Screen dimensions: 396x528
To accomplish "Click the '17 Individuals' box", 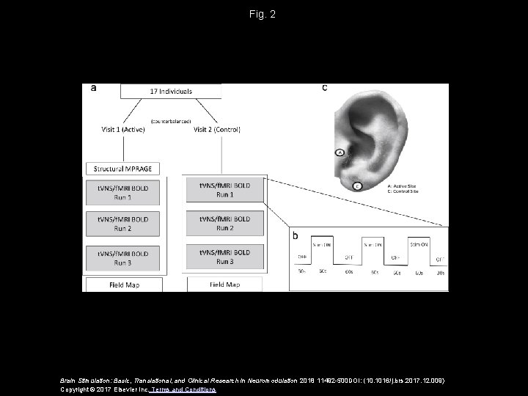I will tap(171, 92).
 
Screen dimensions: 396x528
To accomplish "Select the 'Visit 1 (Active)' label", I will tap(123, 130).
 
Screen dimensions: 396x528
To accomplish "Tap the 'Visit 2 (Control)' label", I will tap(217, 130).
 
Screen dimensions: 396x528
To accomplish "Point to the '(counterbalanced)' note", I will tap(171, 120).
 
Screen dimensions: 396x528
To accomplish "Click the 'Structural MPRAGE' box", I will tap(122, 168).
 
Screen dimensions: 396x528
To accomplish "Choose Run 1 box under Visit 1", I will tap(123, 193).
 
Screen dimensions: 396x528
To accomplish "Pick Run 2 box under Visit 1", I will tap(123, 224).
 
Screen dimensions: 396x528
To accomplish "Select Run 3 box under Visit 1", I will tap(123, 257).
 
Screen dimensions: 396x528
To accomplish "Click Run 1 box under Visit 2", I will tap(225, 190).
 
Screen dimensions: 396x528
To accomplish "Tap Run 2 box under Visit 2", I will tap(225, 223).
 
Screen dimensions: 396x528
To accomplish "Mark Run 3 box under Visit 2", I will tap(225, 257).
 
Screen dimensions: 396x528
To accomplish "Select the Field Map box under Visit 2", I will tap(224, 284).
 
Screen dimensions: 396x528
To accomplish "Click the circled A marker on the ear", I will tap(340, 153).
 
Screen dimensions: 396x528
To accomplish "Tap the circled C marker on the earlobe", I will tap(357, 186).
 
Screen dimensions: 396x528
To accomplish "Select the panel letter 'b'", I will tap(295, 236).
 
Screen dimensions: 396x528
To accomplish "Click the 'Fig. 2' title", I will tap(263, 14).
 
